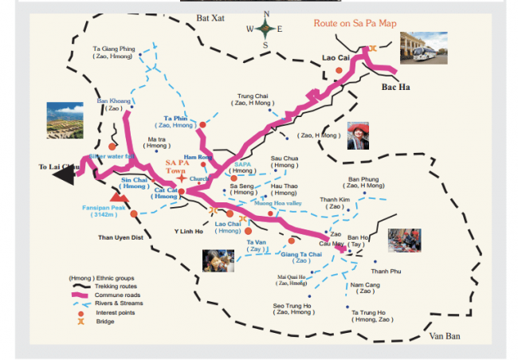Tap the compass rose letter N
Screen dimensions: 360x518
[266, 14]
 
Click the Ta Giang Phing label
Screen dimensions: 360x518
[115, 49]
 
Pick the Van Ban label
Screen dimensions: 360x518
[445, 336]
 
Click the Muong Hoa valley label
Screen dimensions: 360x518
[279, 204]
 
